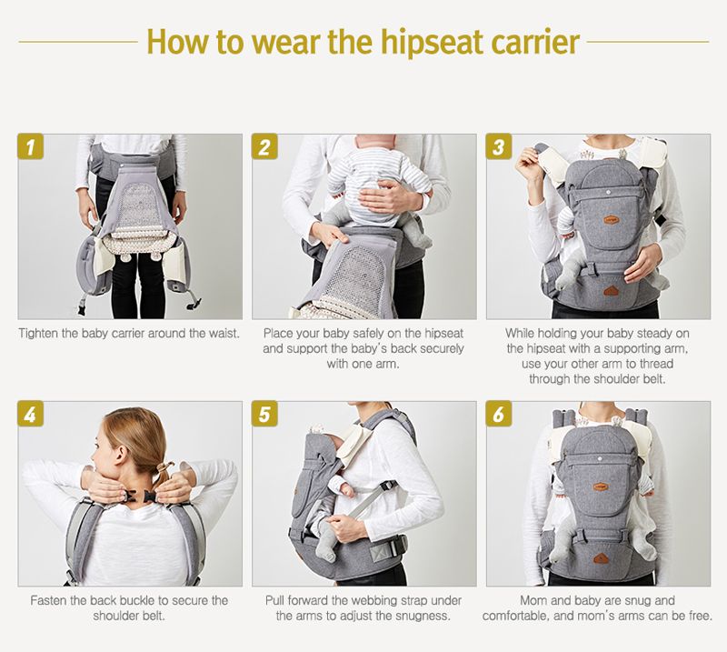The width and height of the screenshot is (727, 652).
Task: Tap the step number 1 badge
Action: (x=31, y=146)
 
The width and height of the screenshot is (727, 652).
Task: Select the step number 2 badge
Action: (x=264, y=146)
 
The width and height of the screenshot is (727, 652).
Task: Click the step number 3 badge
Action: (x=499, y=146)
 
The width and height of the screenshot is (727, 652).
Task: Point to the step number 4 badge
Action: (x=31, y=414)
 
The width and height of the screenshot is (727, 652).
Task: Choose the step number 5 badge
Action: (x=264, y=414)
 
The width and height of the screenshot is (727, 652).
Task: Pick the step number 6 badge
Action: (x=499, y=414)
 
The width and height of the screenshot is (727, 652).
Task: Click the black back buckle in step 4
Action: (x=139, y=497)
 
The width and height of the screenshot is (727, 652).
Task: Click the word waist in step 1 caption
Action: (x=223, y=333)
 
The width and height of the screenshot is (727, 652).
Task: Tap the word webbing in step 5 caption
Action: (x=372, y=600)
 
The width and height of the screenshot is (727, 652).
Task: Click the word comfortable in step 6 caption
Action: (x=515, y=616)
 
